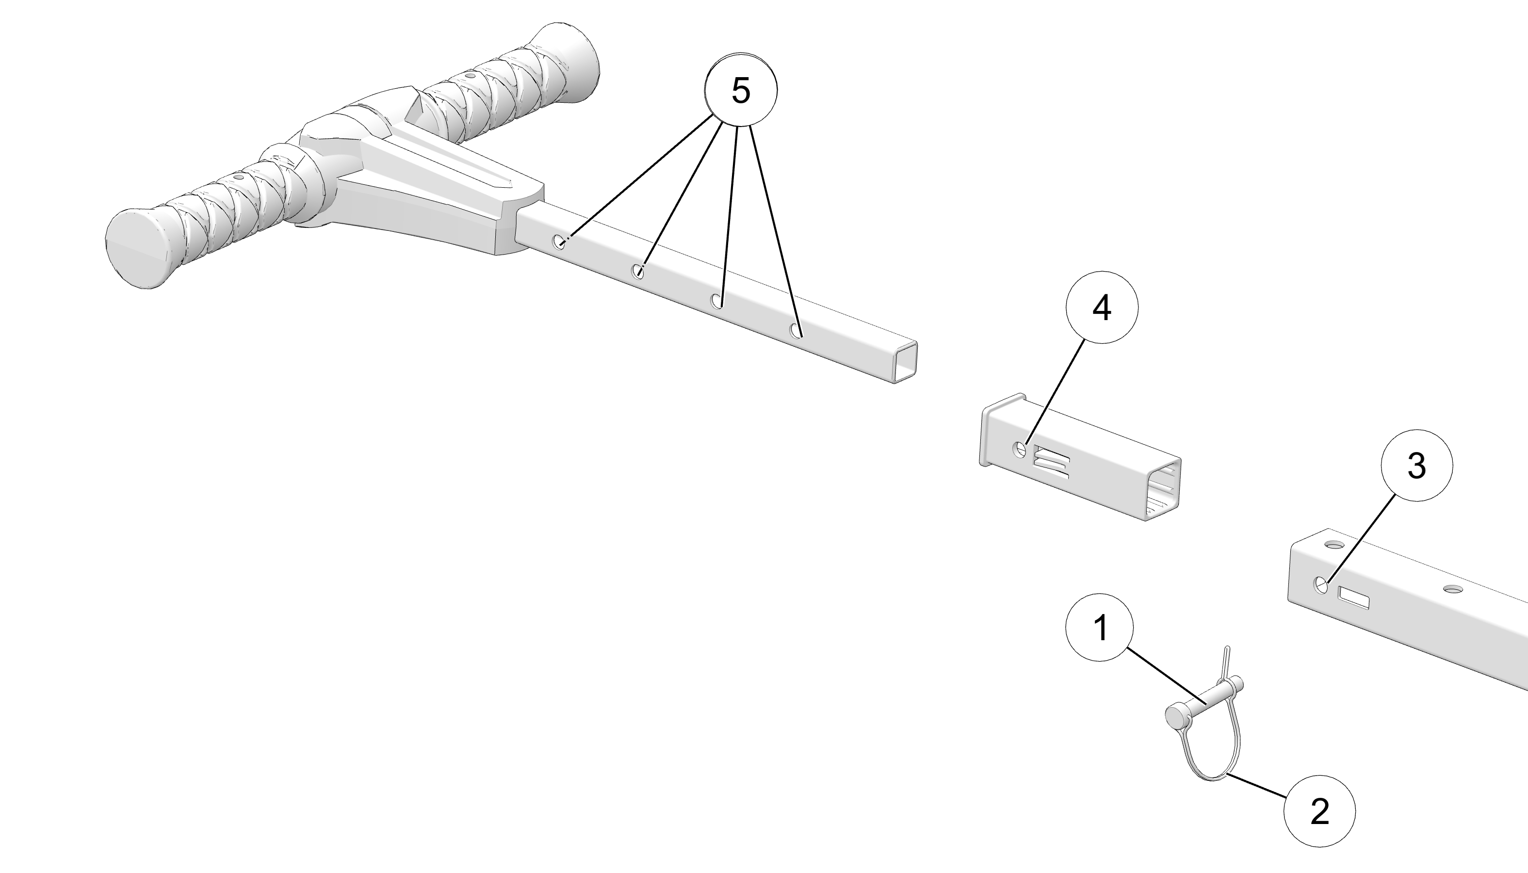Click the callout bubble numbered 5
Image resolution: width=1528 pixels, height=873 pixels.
click(x=741, y=91)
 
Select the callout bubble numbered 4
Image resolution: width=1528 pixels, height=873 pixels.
click(x=1102, y=307)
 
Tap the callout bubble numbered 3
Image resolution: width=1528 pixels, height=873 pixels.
click(x=1416, y=465)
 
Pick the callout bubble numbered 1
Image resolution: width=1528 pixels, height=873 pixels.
click(x=1100, y=628)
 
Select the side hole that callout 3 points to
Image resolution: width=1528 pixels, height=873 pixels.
click(x=1321, y=584)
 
